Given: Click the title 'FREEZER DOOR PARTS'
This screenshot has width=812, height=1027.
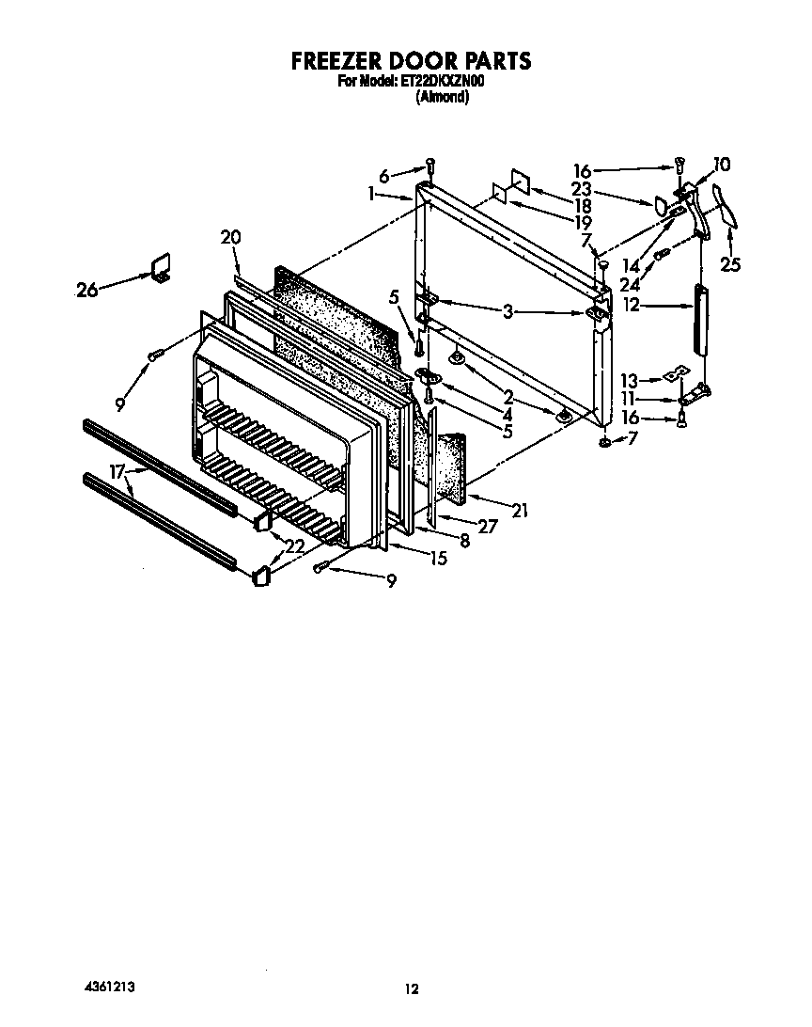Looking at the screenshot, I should click(x=411, y=61).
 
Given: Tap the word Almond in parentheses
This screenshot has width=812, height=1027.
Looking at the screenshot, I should click(x=442, y=96).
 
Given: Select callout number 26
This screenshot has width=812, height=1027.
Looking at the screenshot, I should click(x=87, y=291).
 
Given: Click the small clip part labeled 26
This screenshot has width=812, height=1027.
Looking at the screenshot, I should click(x=161, y=267).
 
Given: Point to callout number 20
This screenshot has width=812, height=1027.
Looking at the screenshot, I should click(x=231, y=237).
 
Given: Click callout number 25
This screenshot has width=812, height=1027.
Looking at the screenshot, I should click(x=730, y=265).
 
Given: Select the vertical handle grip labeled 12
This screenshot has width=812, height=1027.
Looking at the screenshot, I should click(x=699, y=320).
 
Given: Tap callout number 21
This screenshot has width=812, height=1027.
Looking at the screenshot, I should click(x=520, y=511).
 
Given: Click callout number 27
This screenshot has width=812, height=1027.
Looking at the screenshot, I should click(x=487, y=527).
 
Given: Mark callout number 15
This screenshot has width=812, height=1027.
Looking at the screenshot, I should click(x=437, y=559).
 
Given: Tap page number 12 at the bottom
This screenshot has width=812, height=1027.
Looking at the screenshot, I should click(x=411, y=988).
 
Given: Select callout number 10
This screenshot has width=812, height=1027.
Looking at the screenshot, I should click(x=721, y=166).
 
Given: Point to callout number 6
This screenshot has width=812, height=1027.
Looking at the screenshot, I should click(x=383, y=176).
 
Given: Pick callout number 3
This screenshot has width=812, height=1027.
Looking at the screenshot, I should click(x=507, y=311).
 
